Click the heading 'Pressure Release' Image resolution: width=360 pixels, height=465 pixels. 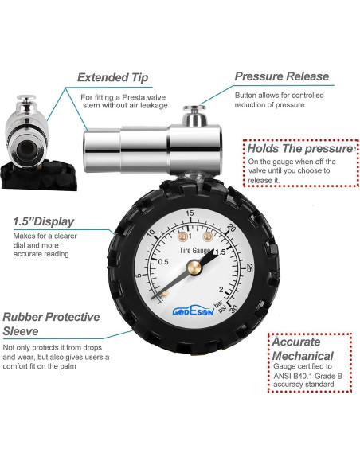pos(281,76)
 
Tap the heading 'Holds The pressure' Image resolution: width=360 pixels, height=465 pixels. pos(299,149)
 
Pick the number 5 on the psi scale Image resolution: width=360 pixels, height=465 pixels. pos(139,275)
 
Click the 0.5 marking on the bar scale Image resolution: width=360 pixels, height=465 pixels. pos(162,263)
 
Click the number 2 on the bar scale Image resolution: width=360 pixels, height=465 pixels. pos(220,290)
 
